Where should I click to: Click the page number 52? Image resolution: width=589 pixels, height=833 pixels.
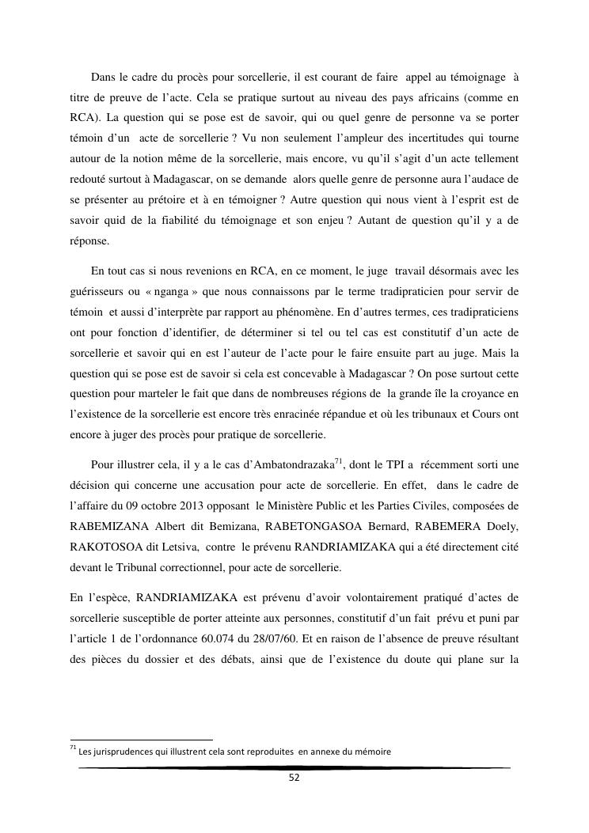coord(294,778)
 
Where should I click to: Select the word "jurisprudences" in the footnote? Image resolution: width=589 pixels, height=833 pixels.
coord(124,752)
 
